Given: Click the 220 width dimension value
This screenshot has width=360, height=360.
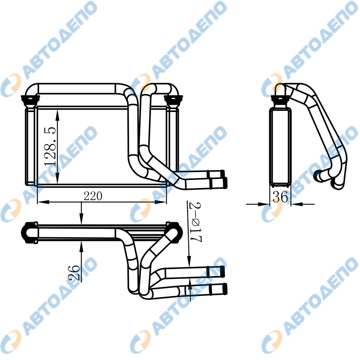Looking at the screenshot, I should pyautogui.click(x=93, y=196).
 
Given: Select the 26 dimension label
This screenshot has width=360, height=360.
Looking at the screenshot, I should pyautogui.click(x=73, y=273).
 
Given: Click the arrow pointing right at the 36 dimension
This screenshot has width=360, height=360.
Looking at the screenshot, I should pyautogui.click(x=265, y=204).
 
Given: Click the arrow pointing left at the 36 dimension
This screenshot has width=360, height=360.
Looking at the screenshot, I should pyautogui.click(x=294, y=204).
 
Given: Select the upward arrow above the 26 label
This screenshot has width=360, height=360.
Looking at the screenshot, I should pyautogui.click(x=82, y=246).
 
